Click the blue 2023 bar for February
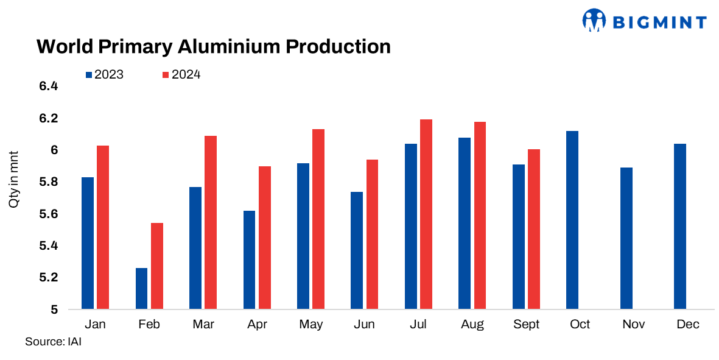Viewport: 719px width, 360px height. (141, 288)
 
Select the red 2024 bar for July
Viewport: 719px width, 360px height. (426, 214)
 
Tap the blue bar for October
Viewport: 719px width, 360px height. (572, 220)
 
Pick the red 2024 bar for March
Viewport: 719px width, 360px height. (211, 222)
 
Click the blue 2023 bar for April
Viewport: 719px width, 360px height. (249, 259)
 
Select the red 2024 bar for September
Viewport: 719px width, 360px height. (534, 229)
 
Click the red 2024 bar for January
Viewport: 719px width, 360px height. (103, 227)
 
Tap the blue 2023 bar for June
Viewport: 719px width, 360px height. (357, 250)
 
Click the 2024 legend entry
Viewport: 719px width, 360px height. (181, 75)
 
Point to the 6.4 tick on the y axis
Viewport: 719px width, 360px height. (48, 86)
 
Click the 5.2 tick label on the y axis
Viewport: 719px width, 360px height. (48, 278)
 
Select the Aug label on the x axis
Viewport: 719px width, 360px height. (472, 325)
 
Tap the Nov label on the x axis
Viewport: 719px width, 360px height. (634, 325)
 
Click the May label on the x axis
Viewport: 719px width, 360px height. (310, 325)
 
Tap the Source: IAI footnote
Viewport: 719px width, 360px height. (53, 342)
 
